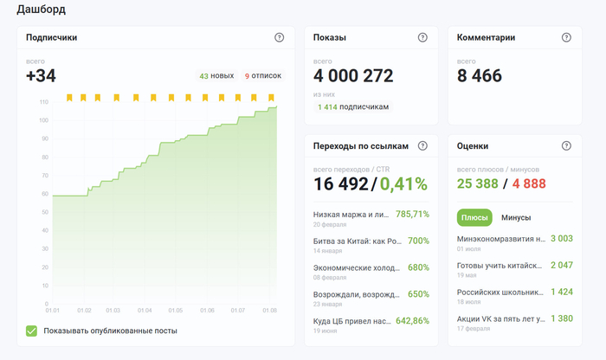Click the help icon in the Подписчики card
point(279,37)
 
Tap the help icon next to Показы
point(422,37)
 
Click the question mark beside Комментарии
point(566,37)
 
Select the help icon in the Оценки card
point(566,145)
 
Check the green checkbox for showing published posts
point(32,331)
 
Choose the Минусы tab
point(516,218)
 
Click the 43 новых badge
point(216,75)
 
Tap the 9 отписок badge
point(263,75)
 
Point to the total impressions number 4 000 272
point(353,75)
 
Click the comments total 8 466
point(480,75)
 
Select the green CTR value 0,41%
point(403,183)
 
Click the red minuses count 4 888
point(529,183)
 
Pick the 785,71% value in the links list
point(412,214)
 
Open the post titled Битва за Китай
point(358,241)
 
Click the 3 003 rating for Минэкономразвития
point(562,238)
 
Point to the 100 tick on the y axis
point(43,120)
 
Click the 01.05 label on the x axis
point(176,310)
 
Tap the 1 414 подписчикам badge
point(353,107)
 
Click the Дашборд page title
point(41,10)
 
